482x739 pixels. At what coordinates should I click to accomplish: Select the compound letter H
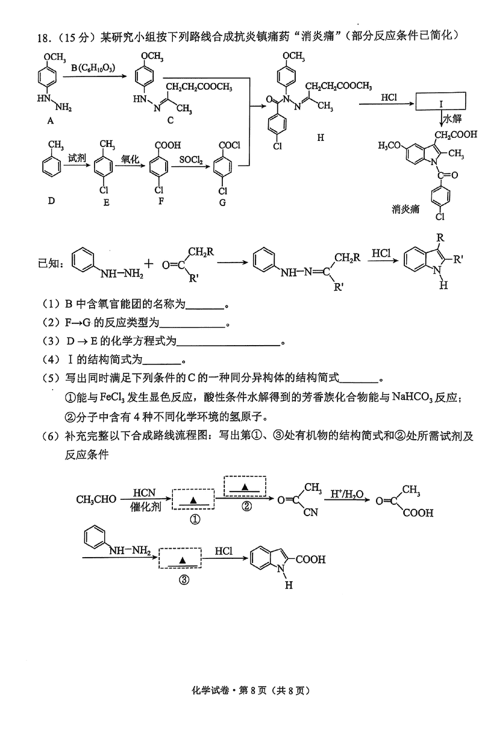tap(320, 138)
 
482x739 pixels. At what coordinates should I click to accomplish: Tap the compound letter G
tap(223, 202)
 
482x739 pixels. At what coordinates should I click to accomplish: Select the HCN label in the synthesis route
tap(145, 493)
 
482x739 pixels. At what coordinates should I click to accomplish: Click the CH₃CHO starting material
tap(96, 499)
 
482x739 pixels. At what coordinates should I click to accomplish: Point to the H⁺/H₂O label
tap(348, 493)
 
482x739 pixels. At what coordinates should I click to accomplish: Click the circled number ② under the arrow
tap(246, 506)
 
